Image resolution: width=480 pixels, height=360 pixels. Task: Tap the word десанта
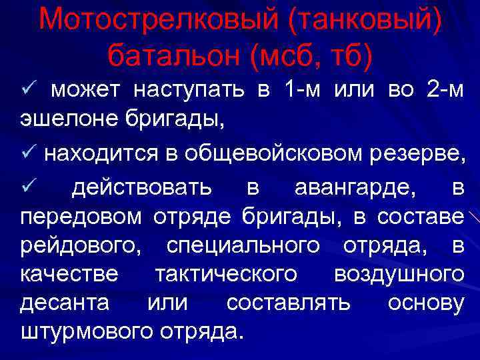click(x=65, y=303)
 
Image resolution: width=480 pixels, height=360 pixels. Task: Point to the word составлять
click(x=287, y=303)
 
